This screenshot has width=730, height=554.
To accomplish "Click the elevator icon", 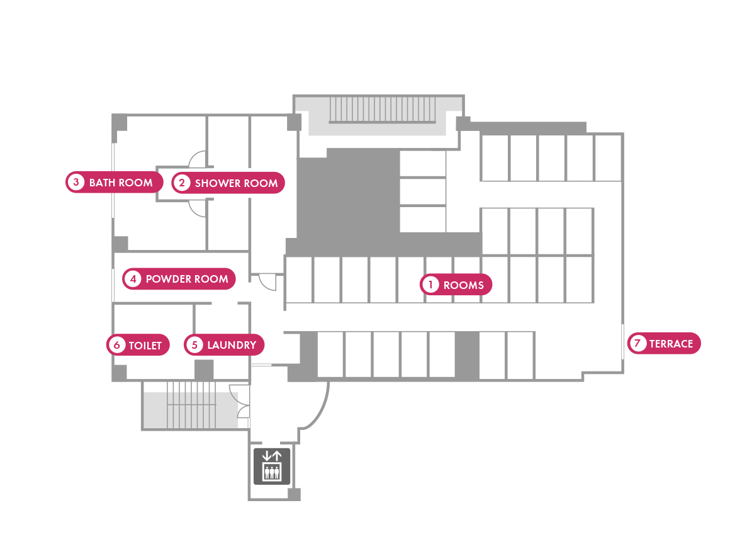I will (272, 466).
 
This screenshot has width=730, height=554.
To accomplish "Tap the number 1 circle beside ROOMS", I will (430, 285).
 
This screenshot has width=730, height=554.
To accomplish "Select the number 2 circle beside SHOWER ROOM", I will (182, 183).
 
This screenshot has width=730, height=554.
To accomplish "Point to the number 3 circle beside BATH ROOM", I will (76, 183).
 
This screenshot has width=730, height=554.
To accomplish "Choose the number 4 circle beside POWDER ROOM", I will (133, 279).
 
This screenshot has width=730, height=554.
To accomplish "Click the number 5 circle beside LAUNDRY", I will (194, 345).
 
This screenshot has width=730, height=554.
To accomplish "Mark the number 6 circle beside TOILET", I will (116, 345).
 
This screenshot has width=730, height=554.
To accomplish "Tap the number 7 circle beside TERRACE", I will (637, 344).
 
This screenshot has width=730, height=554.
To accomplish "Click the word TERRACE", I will (671, 344).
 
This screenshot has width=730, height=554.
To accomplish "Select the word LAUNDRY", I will (232, 345).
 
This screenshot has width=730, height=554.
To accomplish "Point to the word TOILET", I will (145, 346).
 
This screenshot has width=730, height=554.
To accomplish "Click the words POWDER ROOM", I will (187, 279).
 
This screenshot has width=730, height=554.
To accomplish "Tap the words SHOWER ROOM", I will (236, 183).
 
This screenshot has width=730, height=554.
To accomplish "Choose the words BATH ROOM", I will (121, 183).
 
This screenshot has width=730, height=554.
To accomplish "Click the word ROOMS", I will (463, 285).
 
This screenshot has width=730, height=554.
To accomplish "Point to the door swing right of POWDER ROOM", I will (267, 282).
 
